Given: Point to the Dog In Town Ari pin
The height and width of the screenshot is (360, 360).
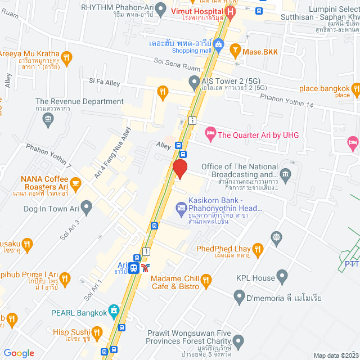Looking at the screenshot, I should click(86, 209).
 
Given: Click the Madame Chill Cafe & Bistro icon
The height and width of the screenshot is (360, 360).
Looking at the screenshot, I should click(206, 279).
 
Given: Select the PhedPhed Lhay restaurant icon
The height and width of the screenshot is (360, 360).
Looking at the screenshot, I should click(258, 249).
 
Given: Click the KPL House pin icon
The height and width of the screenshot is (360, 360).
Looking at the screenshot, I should click(282, 276).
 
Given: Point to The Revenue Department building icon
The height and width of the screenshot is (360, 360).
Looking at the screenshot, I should click(48, 119).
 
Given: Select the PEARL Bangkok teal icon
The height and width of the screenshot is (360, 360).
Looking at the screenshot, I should click(114, 310).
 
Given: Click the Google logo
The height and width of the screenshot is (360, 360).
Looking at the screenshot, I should click(19, 353).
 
